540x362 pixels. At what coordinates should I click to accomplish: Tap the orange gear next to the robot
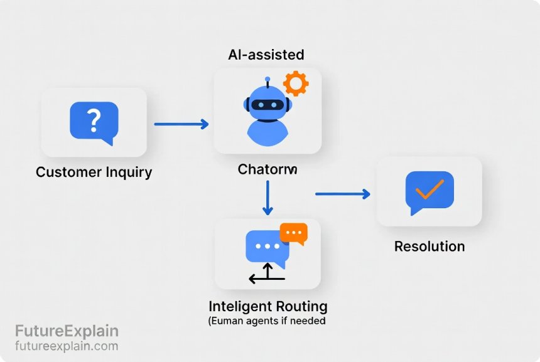click(x=294, y=83)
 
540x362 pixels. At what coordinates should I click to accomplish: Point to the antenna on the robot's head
click(x=267, y=82)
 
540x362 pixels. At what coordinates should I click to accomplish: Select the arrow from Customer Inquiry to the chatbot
click(x=181, y=124)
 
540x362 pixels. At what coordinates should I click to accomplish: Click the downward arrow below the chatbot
click(x=268, y=198)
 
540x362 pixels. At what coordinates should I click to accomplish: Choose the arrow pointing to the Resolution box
click(x=342, y=194)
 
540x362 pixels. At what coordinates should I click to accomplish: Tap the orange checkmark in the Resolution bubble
click(x=429, y=189)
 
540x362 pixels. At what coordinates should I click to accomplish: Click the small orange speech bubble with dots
click(x=293, y=233)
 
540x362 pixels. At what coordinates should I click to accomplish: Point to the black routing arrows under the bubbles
click(x=267, y=275)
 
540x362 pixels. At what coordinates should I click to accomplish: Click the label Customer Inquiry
click(x=94, y=173)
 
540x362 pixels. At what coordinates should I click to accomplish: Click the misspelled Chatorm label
click(x=267, y=169)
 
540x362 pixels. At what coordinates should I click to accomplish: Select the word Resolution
click(x=429, y=247)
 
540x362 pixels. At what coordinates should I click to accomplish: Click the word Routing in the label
click(x=301, y=307)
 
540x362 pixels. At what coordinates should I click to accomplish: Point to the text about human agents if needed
click(x=267, y=321)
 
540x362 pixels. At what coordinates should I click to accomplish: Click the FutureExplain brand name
click(x=67, y=331)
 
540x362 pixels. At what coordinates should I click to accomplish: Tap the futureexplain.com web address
click(x=67, y=346)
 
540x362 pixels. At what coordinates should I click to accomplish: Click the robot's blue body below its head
click(x=267, y=131)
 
